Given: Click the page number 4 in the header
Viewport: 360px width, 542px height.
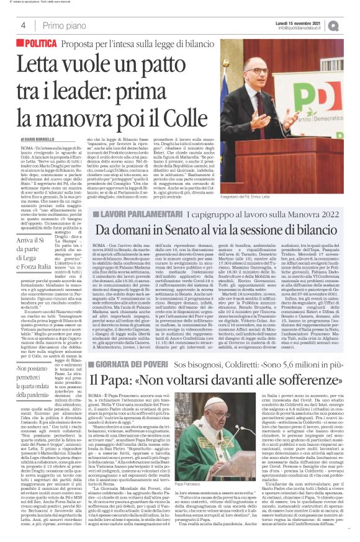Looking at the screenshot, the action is tap(22, 25).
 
